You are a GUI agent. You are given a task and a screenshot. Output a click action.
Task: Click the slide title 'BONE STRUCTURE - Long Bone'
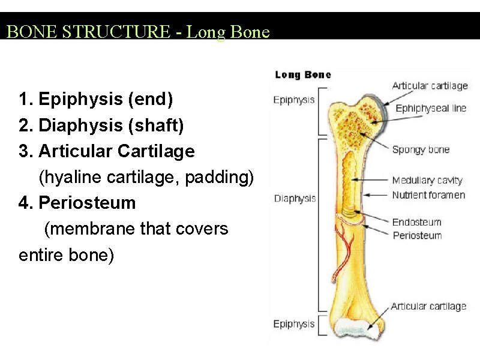(138, 31)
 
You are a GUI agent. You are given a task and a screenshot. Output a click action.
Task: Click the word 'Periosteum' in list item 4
(87, 203)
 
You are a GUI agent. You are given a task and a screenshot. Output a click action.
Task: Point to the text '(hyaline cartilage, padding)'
(146, 177)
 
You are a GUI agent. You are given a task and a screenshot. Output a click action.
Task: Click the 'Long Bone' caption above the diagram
(302, 75)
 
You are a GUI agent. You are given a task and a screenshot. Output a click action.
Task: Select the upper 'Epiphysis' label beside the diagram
(293, 100)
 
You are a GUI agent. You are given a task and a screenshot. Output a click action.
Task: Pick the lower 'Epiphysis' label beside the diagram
(293, 324)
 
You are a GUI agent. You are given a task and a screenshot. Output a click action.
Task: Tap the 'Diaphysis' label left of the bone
(295, 199)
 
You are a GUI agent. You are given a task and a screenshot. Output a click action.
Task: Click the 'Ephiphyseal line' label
(431, 109)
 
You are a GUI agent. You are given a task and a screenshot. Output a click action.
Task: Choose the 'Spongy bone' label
(421, 149)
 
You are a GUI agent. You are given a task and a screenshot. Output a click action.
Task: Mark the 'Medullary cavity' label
(427, 180)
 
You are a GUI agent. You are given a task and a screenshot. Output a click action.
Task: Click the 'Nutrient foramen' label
(428, 195)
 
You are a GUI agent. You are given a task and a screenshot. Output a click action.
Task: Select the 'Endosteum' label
(416, 222)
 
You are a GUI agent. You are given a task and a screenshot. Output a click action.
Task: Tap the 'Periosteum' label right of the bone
(417, 236)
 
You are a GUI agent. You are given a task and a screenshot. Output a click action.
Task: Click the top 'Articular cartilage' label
(430, 86)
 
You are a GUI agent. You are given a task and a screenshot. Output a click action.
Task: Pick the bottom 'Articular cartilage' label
(428, 307)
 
